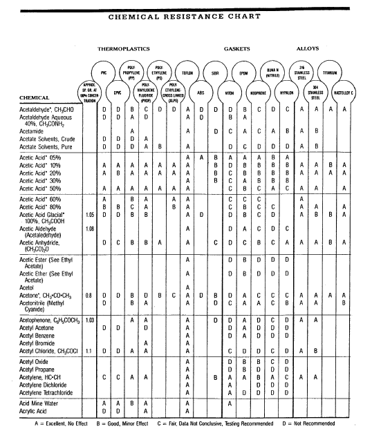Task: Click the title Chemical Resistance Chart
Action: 186,16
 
